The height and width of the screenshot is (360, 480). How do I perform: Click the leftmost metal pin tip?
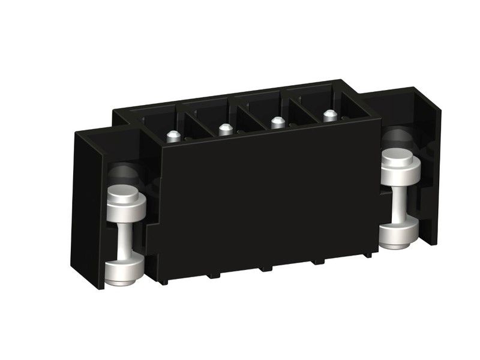click(x=173, y=136)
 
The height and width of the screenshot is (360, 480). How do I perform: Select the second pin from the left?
click(x=225, y=129)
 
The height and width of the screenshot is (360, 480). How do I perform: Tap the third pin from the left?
click(x=277, y=122)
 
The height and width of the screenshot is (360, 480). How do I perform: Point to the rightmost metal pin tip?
click(x=329, y=115)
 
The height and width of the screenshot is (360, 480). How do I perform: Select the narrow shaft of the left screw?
click(x=124, y=240)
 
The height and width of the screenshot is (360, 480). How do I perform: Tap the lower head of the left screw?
click(x=124, y=271)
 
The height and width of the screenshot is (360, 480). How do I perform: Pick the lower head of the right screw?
click(x=398, y=233)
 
